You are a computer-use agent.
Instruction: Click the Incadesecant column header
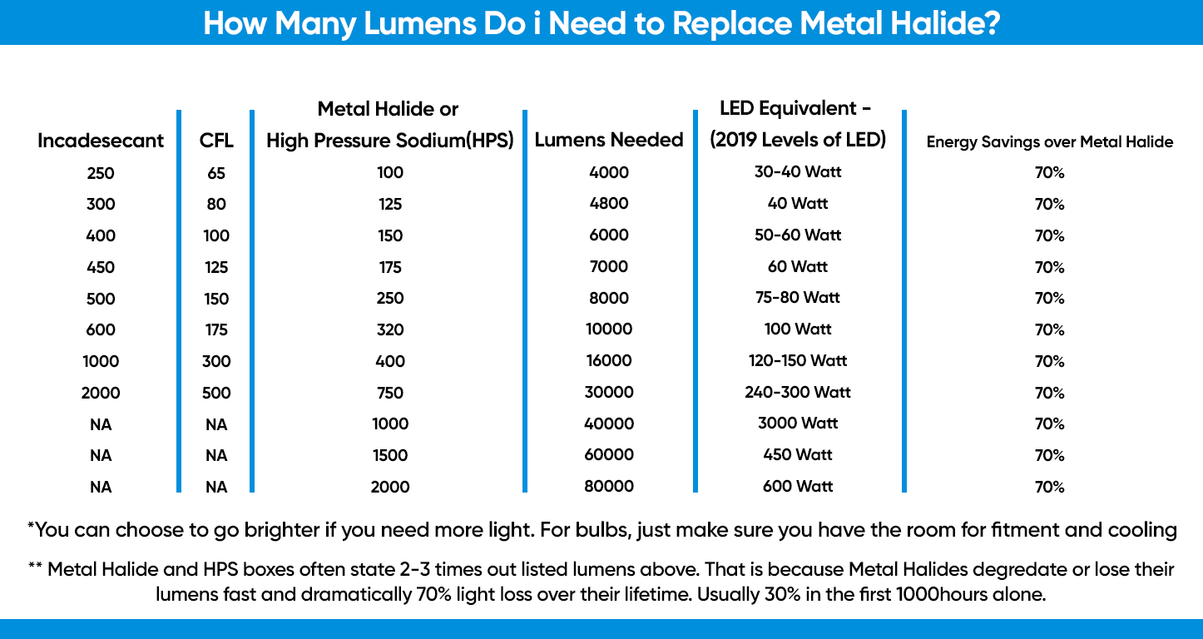click(101, 141)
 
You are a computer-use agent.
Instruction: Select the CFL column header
click(216, 141)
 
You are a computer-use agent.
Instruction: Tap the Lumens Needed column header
click(609, 140)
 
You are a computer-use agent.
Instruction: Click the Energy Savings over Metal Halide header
click(1050, 142)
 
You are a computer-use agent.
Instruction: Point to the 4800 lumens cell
click(609, 204)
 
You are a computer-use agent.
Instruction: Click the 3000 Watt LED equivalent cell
click(798, 424)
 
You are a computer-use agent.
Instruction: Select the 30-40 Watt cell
click(798, 172)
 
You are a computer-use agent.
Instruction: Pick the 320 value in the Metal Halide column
click(389, 329)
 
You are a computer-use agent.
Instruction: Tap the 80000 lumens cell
click(609, 487)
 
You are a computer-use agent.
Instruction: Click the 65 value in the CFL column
click(216, 174)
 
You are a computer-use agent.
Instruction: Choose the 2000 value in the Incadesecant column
click(101, 393)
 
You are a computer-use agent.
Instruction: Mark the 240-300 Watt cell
click(798, 392)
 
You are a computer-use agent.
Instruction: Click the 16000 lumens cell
click(609, 361)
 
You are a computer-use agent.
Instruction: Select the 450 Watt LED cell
click(798, 455)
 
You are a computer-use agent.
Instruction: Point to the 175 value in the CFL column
click(216, 329)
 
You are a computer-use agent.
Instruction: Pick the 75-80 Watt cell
click(798, 298)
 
